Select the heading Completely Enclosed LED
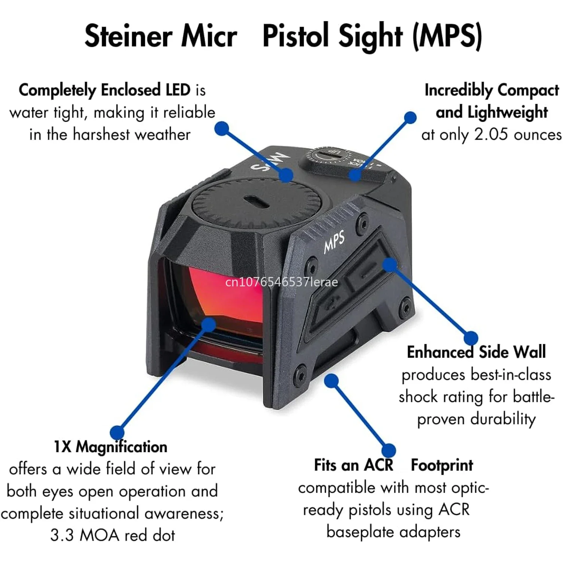pos(105,90)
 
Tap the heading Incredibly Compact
pos(492,90)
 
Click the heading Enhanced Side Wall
pos(476,352)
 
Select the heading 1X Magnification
pos(110,447)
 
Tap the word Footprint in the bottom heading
pos(442,465)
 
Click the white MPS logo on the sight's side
pos(334,241)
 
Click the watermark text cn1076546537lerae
pos(281,282)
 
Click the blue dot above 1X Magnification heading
pos(117,432)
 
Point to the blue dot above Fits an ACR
pos(388,450)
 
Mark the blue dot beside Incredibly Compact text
pos(410,117)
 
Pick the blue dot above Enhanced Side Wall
pos(471,338)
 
